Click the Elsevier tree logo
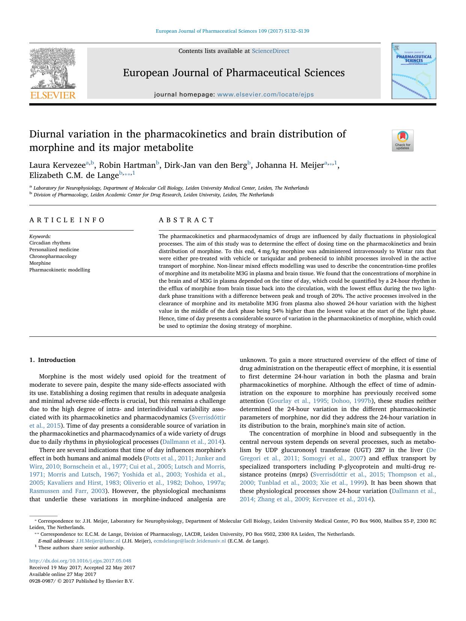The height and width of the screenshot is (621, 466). [53, 68]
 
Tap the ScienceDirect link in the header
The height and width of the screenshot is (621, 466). [270, 51]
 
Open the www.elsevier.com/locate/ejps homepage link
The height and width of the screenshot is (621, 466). [265, 95]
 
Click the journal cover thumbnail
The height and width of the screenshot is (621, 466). [414, 71]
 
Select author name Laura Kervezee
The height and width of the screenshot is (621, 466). [57, 165]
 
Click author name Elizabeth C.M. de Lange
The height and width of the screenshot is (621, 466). [74, 175]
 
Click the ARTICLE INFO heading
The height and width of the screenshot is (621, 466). [67, 220]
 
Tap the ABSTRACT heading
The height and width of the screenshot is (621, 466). [186, 220]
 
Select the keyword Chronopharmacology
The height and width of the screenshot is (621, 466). [53, 256]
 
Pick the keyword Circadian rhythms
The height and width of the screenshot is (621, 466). [50, 243]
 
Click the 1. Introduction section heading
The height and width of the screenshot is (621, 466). [52, 360]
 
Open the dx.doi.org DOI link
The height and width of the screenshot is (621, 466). [80, 561]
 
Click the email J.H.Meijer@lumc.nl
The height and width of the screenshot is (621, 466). [98, 541]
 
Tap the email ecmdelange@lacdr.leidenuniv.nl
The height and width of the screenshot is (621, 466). [190, 541]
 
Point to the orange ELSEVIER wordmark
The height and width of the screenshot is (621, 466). [53, 95]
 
